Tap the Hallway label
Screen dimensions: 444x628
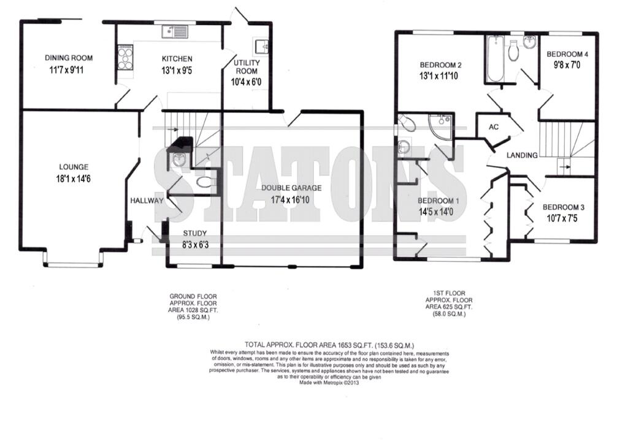click(147, 201)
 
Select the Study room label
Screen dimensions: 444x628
click(195, 233)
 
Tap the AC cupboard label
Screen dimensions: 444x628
click(493, 128)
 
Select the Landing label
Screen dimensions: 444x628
click(522, 155)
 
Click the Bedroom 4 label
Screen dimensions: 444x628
click(567, 54)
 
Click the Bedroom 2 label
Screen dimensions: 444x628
click(440, 66)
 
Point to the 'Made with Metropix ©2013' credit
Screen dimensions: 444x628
click(329, 382)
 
